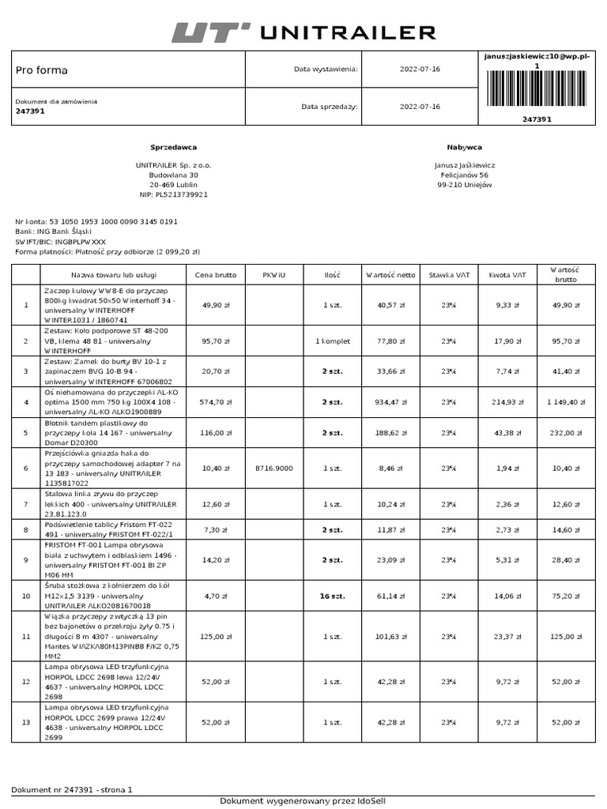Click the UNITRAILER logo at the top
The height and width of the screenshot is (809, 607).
click(303, 32)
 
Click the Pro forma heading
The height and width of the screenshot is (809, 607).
click(42, 70)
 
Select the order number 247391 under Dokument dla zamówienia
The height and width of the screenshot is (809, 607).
click(30, 111)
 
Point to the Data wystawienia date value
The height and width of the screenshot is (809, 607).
click(420, 70)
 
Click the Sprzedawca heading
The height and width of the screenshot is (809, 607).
click(173, 147)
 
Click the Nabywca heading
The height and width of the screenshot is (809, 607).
click(464, 147)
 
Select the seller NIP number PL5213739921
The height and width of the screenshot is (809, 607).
click(173, 194)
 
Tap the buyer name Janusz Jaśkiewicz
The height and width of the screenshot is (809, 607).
click(464, 165)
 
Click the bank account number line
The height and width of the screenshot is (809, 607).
click(96, 222)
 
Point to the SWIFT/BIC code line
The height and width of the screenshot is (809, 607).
click(60, 242)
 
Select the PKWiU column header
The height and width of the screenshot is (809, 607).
click(273, 275)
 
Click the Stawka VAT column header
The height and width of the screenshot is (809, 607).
click(449, 275)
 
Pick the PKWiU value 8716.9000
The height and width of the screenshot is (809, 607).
click(273, 468)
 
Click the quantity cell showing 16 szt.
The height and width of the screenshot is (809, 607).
click(332, 596)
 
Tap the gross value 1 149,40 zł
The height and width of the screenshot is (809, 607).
click(566, 402)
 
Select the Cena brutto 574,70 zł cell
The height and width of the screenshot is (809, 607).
click(216, 402)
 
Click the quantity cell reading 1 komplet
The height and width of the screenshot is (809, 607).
click(332, 341)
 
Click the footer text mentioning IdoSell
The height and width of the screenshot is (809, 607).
click(303, 801)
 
